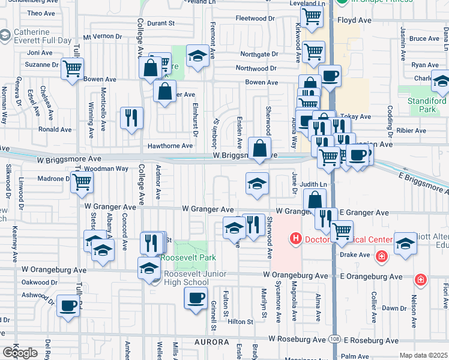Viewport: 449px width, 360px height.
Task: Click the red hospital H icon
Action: click(x=295, y=240)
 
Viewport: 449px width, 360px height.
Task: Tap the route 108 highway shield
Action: click(x=334, y=340)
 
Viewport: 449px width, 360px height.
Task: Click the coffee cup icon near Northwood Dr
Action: click(x=330, y=76)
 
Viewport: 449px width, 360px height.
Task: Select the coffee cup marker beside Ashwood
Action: click(x=67, y=306)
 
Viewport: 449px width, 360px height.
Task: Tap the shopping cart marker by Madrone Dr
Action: click(x=82, y=182)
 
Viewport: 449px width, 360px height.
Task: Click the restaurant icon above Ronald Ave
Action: click(x=131, y=118)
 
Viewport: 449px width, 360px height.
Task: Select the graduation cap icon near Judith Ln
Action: click(x=257, y=184)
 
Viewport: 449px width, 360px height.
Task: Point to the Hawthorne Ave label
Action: click(x=170, y=146)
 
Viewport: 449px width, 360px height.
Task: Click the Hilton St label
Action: click(x=240, y=322)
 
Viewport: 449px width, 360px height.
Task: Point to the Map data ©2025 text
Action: click(x=424, y=355)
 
